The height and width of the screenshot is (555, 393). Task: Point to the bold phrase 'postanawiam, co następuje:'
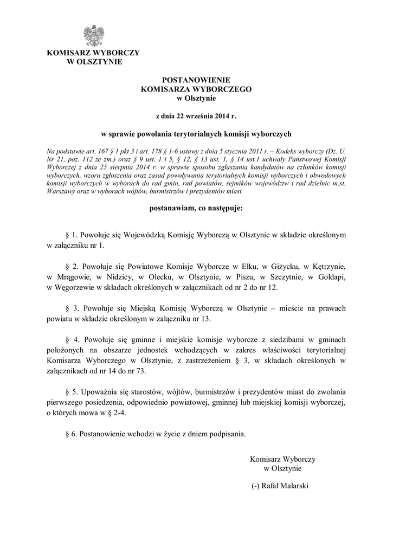click(196, 208)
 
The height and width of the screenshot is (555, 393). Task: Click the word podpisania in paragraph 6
click(228, 434)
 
